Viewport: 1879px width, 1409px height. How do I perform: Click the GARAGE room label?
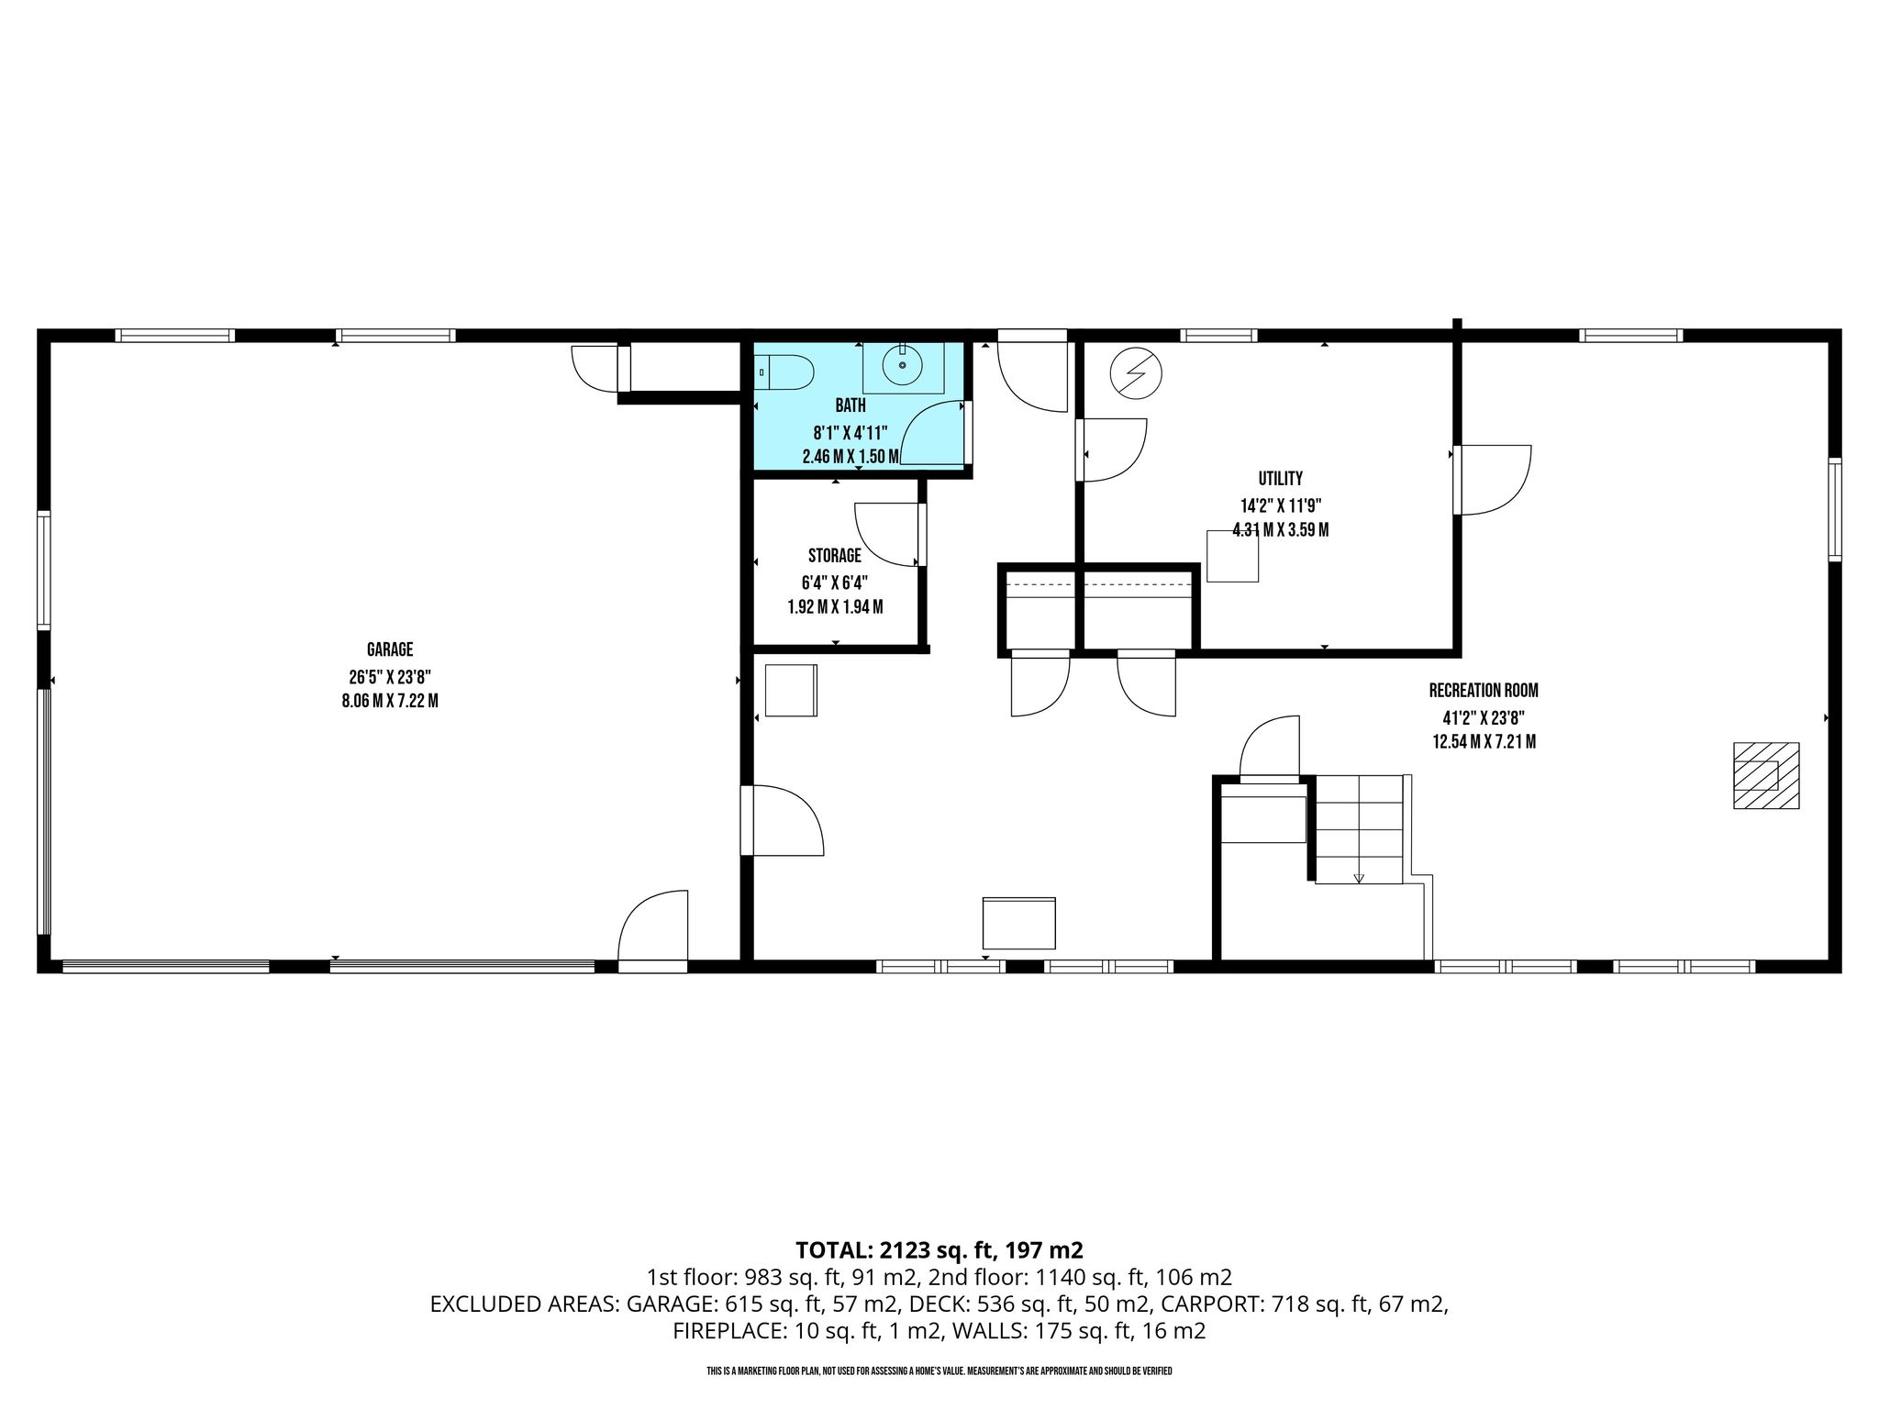tap(390, 649)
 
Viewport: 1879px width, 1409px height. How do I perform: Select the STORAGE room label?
tap(835, 555)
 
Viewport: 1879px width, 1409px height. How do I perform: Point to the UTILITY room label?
tap(1280, 478)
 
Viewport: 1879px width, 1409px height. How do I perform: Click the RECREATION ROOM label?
tap(1484, 691)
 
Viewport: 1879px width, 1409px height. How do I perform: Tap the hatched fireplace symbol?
tap(1765, 775)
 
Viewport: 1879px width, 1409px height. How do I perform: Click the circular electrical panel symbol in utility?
tap(1136, 374)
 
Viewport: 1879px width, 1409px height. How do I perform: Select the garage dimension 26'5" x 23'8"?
tap(390, 677)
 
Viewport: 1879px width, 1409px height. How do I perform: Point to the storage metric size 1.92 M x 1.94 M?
tap(835, 606)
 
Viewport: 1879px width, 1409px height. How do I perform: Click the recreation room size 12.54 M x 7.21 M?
tap(1484, 741)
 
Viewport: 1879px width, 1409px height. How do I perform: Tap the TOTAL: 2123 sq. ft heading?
tap(939, 1249)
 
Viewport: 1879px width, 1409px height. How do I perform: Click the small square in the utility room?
tap(1232, 556)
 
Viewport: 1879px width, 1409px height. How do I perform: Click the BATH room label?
tap(850, 405)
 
